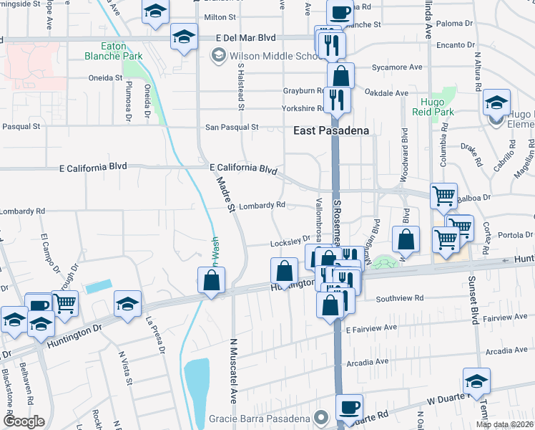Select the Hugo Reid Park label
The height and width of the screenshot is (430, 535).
433,107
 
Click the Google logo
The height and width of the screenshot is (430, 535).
23,421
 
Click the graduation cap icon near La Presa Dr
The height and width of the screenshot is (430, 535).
127,303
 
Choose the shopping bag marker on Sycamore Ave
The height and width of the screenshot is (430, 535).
341,75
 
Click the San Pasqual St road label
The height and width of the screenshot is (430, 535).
232,127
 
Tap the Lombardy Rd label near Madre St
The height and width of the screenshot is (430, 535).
262,205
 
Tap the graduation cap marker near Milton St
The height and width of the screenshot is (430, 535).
154,12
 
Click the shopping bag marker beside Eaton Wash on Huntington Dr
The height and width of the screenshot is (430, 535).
212,280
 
